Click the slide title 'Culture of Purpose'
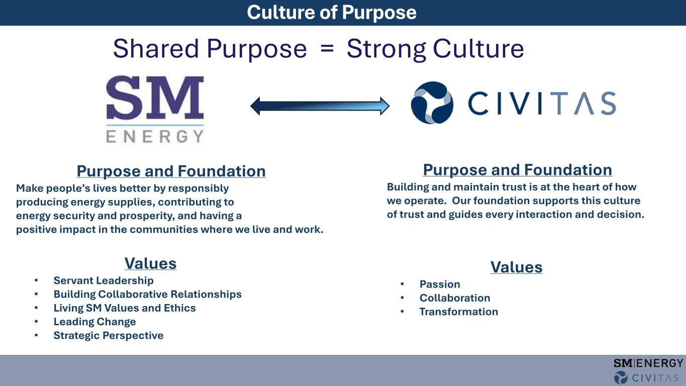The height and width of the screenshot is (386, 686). coord(332,13)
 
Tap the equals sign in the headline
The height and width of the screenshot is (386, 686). coord(327,48)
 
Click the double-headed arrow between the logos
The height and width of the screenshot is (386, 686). coord(320,106)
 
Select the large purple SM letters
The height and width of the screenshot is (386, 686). coord(155,98)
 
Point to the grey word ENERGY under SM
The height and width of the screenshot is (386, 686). coord(155,136)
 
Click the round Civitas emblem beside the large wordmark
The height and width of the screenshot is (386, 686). coord(432,103)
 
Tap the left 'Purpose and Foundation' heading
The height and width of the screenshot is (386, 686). coord(171,171)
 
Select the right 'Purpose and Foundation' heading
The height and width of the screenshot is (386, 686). coord(518,170)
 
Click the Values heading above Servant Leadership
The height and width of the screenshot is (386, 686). coord(150,263)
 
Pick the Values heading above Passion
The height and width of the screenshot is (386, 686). coord(516,267)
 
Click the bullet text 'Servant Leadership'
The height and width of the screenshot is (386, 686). coord(104,280)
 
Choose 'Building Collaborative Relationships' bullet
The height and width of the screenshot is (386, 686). coord(148,295)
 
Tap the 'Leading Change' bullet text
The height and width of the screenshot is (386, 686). coord(94,322)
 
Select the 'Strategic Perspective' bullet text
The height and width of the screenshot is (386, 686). coord(109,335)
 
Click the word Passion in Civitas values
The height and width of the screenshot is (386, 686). coord(440,284)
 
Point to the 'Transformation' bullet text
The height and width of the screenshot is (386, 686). coord(459,312)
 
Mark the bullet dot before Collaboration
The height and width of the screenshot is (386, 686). coord(403,298)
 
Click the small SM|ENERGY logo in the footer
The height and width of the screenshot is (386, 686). coord(648,363)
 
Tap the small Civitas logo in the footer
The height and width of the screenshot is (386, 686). coord(646,377)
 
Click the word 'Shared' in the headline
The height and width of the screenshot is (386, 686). coord(156,48)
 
